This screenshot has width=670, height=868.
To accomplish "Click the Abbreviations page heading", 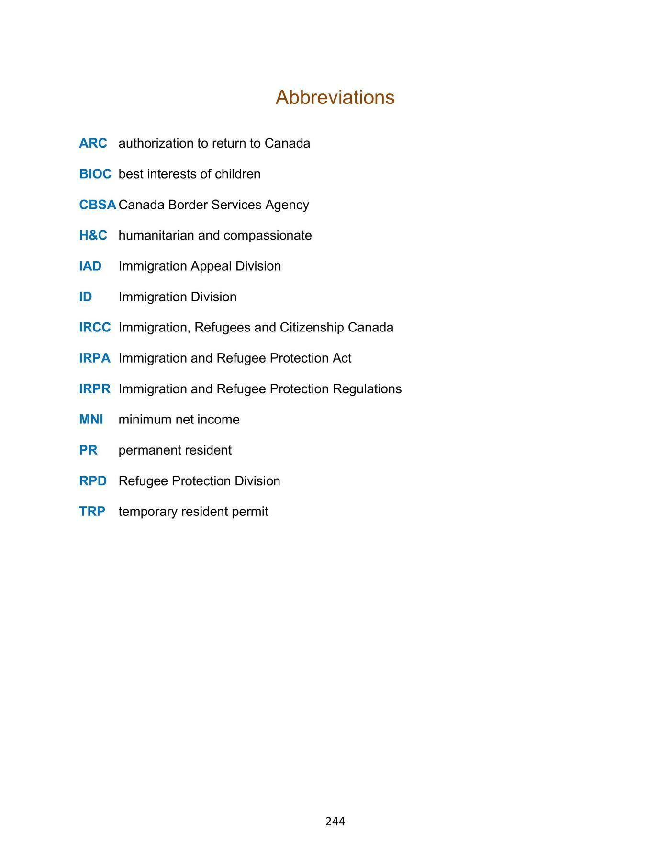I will pyautogui.click(x=335, y=97).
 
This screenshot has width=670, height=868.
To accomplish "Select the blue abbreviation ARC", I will pyautogui.click(x=93, y=143).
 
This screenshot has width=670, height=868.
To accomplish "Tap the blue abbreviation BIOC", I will pyautogui.click(x=95, y=174).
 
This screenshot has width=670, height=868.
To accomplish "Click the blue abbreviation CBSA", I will pyautogui.click(x=98, y=205).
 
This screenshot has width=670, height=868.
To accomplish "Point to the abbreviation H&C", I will pyautogui.click(x=93, y=235).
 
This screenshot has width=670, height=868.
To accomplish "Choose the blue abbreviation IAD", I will pyautogui.click(x=90, y=266).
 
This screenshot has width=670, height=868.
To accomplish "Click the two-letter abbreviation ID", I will pyautogui.click(x=85, y=297).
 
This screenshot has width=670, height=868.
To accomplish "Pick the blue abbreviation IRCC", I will pyautogui.click(x=95, y=327).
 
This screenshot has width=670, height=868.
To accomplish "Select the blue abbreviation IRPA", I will pyautogui.click(x=95, y=358).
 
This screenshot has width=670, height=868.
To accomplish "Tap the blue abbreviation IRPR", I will pyautogui.click(x=95, y=388).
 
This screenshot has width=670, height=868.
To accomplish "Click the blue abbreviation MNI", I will pyautogui.click(x=91, y=419).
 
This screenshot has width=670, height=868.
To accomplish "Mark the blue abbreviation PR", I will pyautogui.click(x=88, y=450).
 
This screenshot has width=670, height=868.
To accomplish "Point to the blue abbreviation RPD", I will pyautogui.click(x=93, y=480).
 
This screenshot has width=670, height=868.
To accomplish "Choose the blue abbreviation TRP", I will pyautogui.click(x=92, y=511).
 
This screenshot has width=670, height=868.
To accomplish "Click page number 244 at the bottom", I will pyautogui.click(x=335, y=822).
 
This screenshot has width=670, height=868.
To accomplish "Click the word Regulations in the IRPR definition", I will pyautogui.click(x=367, y=389).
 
